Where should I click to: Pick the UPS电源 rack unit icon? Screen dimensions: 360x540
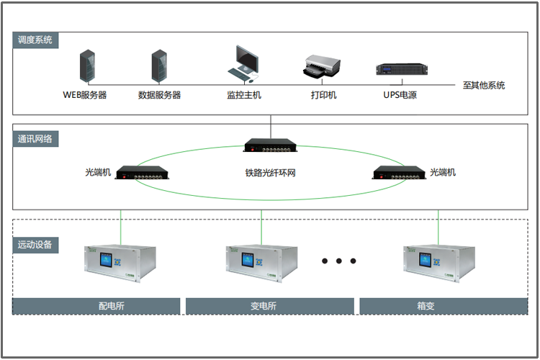click(x=401, y=69)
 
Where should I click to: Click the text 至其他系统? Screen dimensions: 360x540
click(x=483, y=86)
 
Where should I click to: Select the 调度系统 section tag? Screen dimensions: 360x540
click(x=35, y=40)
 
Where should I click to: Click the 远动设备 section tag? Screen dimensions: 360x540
click(x=35, y=245)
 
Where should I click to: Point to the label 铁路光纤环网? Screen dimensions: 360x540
click(x=271, y=174)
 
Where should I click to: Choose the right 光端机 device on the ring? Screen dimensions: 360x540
click(x=399, y=173)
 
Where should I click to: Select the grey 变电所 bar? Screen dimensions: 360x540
click(x=269, y=306)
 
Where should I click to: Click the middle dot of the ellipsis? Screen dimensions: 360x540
click(x=339, y=261)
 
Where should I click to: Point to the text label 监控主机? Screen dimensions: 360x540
click(x=244, y=95)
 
